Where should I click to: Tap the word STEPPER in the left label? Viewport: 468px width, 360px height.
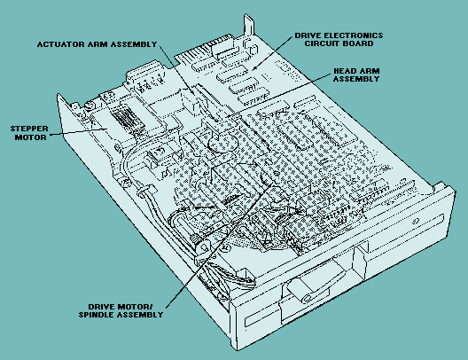(29, 129)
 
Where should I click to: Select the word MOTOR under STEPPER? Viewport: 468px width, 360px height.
(31, 137)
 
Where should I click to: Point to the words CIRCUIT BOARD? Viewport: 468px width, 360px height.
(339, 43)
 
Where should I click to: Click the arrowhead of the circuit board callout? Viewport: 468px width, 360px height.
(254, 68)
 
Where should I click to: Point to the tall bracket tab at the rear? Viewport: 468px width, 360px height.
(248, 26)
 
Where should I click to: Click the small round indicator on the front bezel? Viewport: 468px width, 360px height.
(416, 221)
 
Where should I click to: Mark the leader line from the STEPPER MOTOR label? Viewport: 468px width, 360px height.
(78, 131)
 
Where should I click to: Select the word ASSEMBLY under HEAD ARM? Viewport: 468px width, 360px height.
(356, 79)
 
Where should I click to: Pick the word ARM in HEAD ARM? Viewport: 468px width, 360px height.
(370, 71)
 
